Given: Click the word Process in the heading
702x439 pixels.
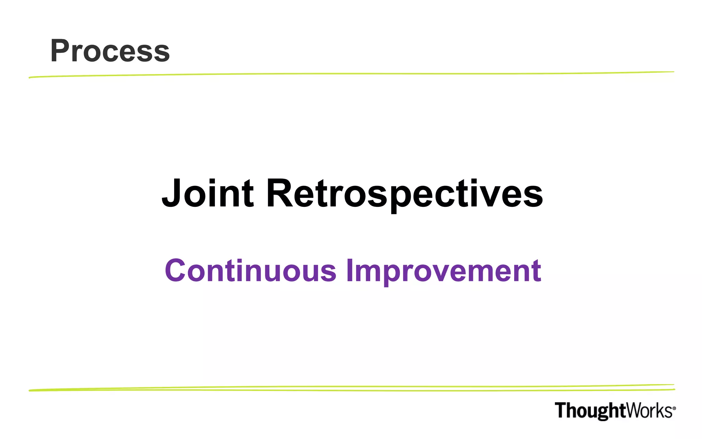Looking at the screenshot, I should [110, 51].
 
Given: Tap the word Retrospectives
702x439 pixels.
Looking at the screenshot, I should [404, 194].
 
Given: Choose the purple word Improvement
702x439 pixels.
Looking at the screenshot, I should [444, 271].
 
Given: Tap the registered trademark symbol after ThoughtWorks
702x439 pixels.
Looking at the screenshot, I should [674, 408].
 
